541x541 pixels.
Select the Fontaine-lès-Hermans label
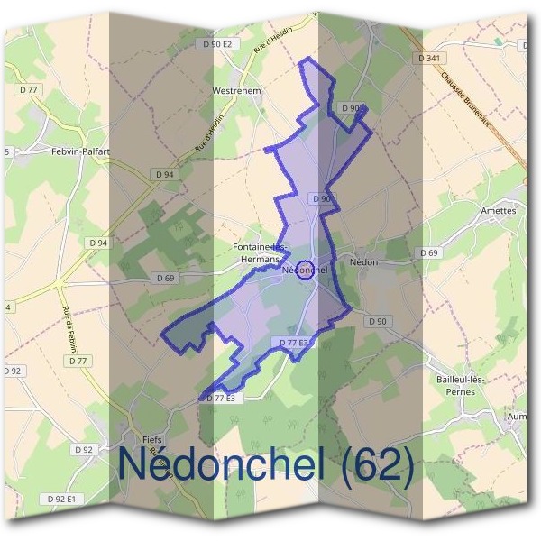pos(261,252)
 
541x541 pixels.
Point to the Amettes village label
pos(498,211)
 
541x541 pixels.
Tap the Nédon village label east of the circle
pos(363,262)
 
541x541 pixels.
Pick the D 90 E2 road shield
pos(217,44)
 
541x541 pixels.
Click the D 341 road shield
pos(430,58)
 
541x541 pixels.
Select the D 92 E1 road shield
pos(60,499)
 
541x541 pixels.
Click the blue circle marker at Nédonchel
pos(305,270)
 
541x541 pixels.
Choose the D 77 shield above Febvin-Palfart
pos(31,89)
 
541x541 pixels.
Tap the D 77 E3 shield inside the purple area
pos(294,344)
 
